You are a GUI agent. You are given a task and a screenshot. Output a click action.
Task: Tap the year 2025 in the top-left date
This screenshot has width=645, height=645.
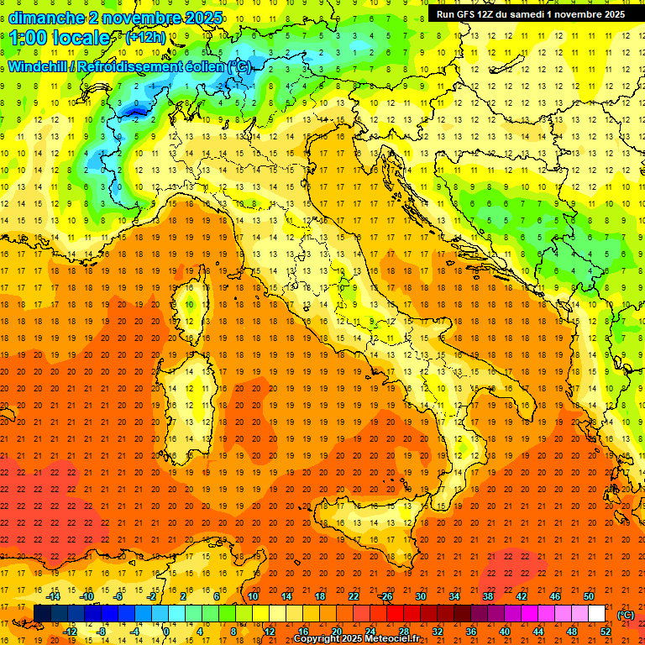click(x=202, y=18)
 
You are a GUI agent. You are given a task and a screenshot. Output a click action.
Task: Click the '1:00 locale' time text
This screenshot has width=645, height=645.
click(x=60, y=38)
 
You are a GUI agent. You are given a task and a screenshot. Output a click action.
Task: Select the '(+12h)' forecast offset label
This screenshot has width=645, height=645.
click(x=145, y=37)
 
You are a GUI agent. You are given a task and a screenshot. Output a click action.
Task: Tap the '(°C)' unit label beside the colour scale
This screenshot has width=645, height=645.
click(x=626, y=615)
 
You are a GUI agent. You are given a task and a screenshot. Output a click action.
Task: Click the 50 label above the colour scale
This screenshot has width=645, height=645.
click(x=589, y=596)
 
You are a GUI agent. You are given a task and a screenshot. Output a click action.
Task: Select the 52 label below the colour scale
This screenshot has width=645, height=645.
click(x=606, y=632)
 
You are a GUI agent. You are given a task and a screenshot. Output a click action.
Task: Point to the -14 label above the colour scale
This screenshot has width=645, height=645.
click(x=53, y=596)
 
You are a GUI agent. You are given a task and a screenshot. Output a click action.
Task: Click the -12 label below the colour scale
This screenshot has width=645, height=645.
click(x=71, y=632)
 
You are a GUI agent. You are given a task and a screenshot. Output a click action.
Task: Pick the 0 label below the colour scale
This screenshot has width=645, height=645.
click(x=166, y=632)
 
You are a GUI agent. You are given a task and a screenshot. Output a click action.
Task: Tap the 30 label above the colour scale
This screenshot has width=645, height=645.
click(x=420, y=596)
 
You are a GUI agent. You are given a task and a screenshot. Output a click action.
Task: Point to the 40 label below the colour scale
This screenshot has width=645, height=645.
click(x=504, y=632)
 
